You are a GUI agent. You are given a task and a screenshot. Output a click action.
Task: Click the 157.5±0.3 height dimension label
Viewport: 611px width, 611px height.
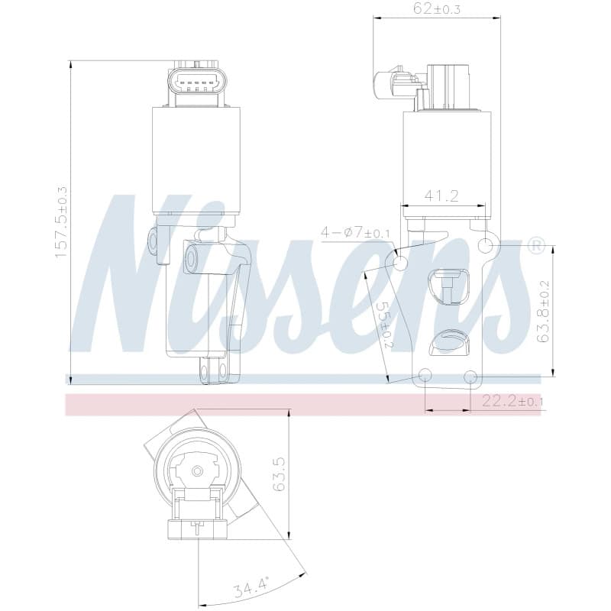click(61, 221)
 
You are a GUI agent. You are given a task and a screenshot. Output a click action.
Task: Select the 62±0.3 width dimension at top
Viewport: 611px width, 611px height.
click(437, 8)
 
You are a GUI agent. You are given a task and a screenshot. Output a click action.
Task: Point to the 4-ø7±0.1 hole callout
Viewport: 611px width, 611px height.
click(355, 233)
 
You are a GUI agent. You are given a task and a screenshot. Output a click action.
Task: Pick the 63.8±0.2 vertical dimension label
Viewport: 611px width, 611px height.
click(543, 311)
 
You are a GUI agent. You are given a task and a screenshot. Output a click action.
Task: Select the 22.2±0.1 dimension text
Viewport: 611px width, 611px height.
click(512, 400)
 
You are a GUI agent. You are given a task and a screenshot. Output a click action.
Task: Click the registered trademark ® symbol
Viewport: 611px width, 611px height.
click(536, 246)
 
